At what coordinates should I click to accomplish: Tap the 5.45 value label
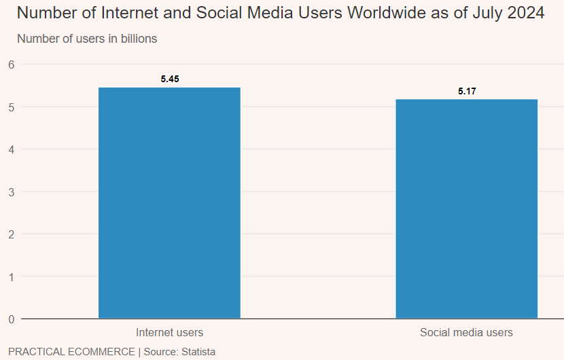(170, 79)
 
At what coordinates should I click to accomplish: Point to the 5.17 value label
(467, 91)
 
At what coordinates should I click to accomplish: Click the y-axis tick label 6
(11, 65)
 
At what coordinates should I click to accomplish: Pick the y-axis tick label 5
(11, 107)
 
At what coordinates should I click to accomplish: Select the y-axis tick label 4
(11, 149)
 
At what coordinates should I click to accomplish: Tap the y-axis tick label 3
(11, 192)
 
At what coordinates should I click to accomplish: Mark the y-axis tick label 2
(11, 234)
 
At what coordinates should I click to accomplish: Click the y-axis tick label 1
(11, 276)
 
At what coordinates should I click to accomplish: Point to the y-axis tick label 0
(11, 319)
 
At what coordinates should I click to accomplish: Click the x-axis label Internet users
(169, 333)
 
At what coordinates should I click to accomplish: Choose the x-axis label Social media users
(466, 333)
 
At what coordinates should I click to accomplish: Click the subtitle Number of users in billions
(87, 39)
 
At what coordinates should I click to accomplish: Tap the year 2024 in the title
(525, 13)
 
